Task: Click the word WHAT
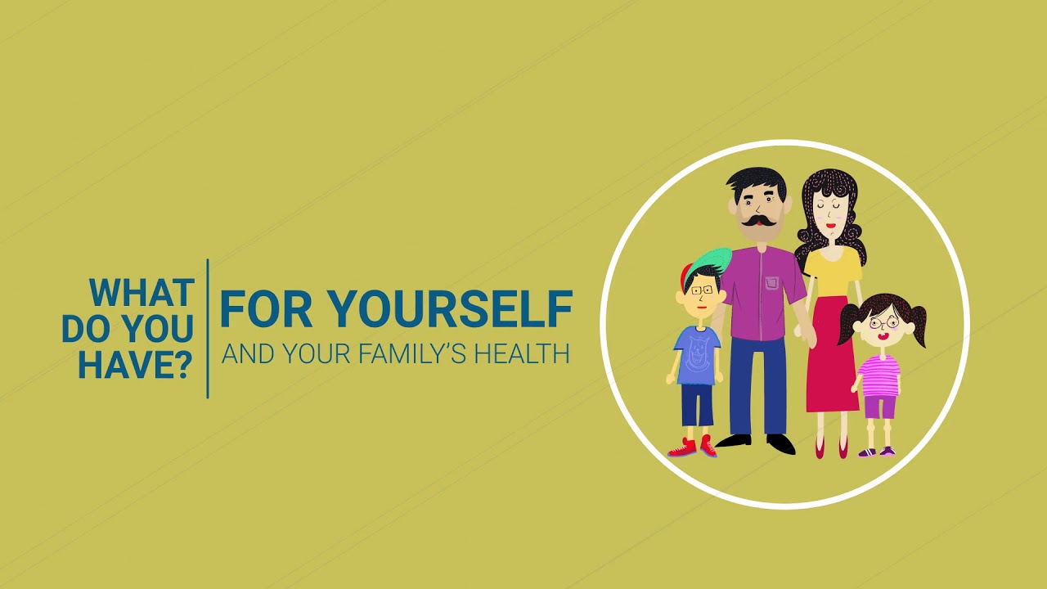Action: pos(142,293)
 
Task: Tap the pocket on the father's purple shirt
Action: pos(772,283)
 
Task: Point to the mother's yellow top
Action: pos(833,271)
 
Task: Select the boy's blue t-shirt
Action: pos(698,355)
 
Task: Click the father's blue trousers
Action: pos(758,384)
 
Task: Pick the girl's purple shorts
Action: pos(880,407)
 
